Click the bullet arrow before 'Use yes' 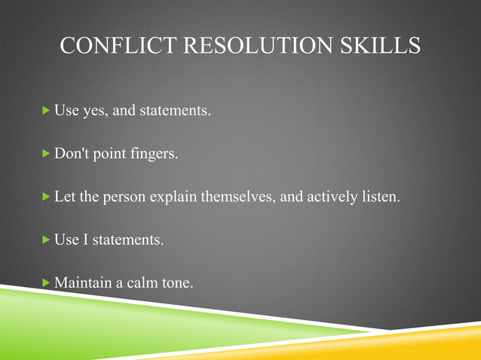coord(47,111)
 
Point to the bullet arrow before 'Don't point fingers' coord(47,154)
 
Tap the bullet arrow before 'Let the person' coord(47,197)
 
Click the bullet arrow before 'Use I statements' coord(47,240)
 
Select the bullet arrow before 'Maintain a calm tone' coord(47,283)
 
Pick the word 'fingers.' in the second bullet coord(154,154)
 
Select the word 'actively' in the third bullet coord(326,198)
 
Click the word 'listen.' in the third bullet coord(378,198)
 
